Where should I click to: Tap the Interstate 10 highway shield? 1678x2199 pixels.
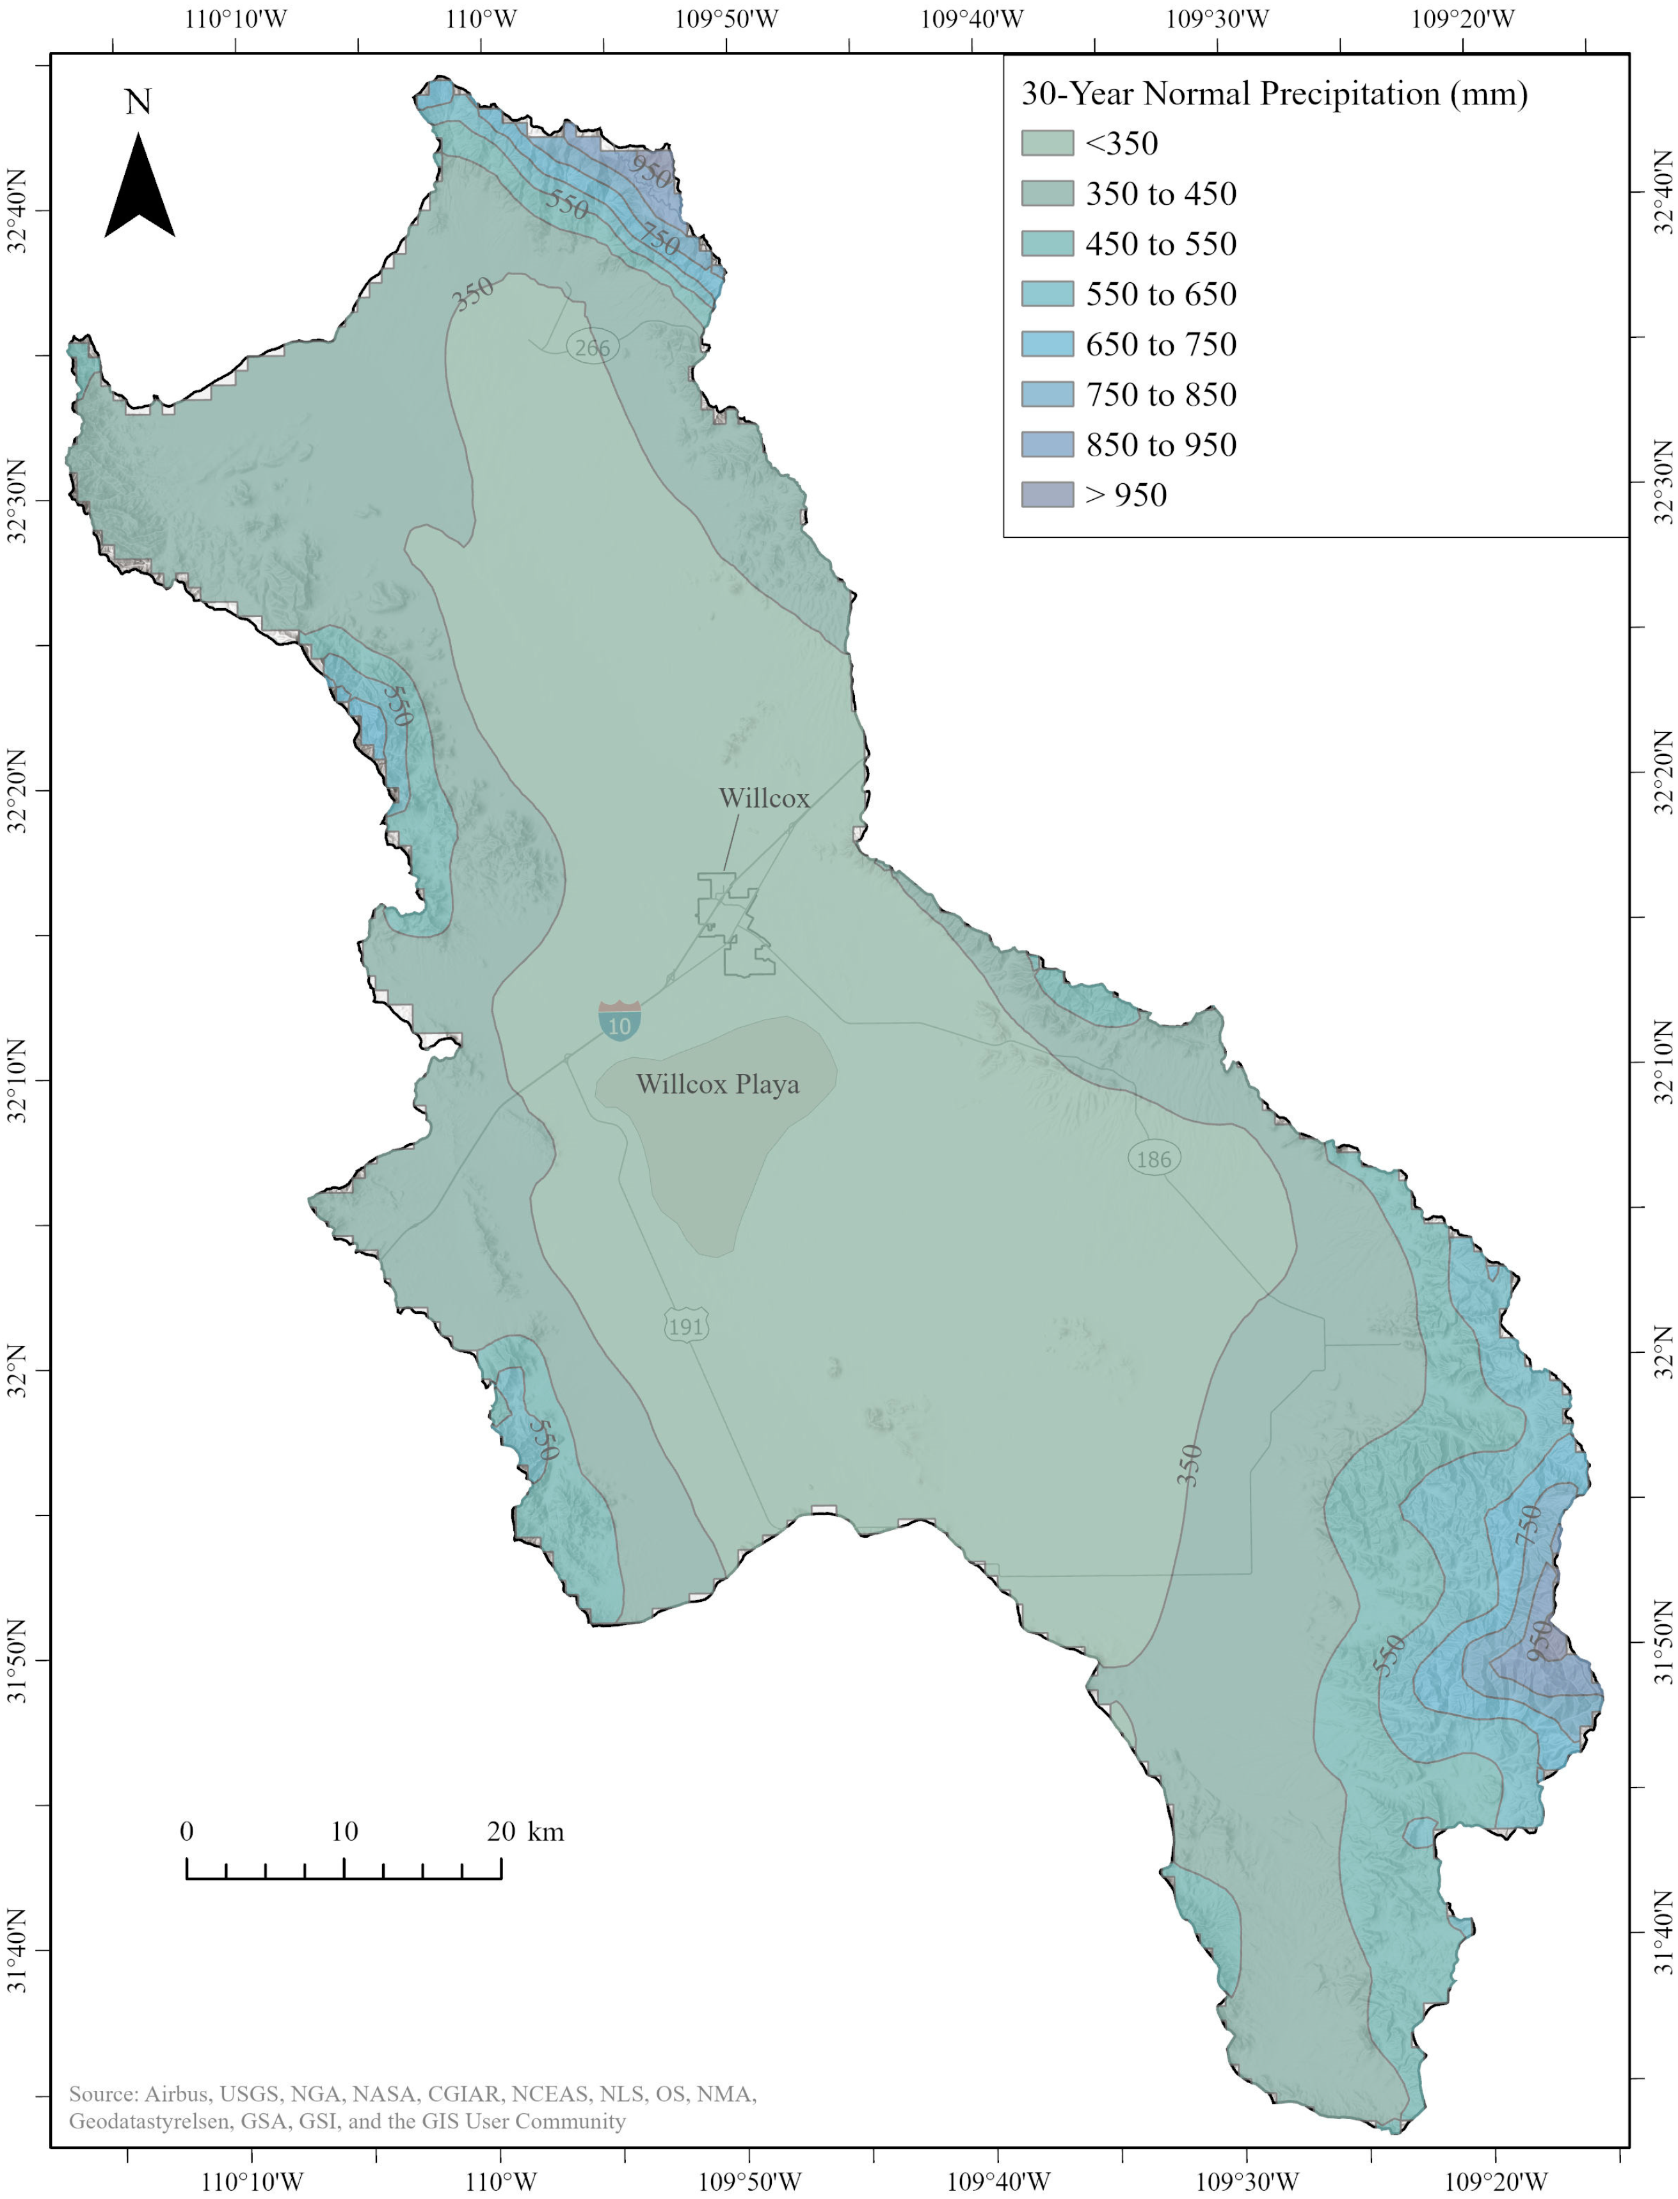coord(619,1021)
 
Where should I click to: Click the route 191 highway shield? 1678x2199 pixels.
coord(685,1326)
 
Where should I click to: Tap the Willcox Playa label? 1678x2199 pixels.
coord(717,1085)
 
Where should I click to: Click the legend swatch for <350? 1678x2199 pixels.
coord(1047,143)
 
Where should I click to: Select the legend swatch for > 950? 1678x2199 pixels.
coord(1047,494)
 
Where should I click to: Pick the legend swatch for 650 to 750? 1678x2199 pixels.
coord(1047,344)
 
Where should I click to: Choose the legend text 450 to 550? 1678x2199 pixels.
coord(1161,244)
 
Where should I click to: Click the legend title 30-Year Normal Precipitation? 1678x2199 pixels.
coord(1274,94)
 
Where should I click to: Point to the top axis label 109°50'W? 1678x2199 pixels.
coord(726,19)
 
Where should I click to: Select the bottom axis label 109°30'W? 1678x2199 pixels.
coord(1247,2180)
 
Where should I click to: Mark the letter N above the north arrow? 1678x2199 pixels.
coord(138,102)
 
